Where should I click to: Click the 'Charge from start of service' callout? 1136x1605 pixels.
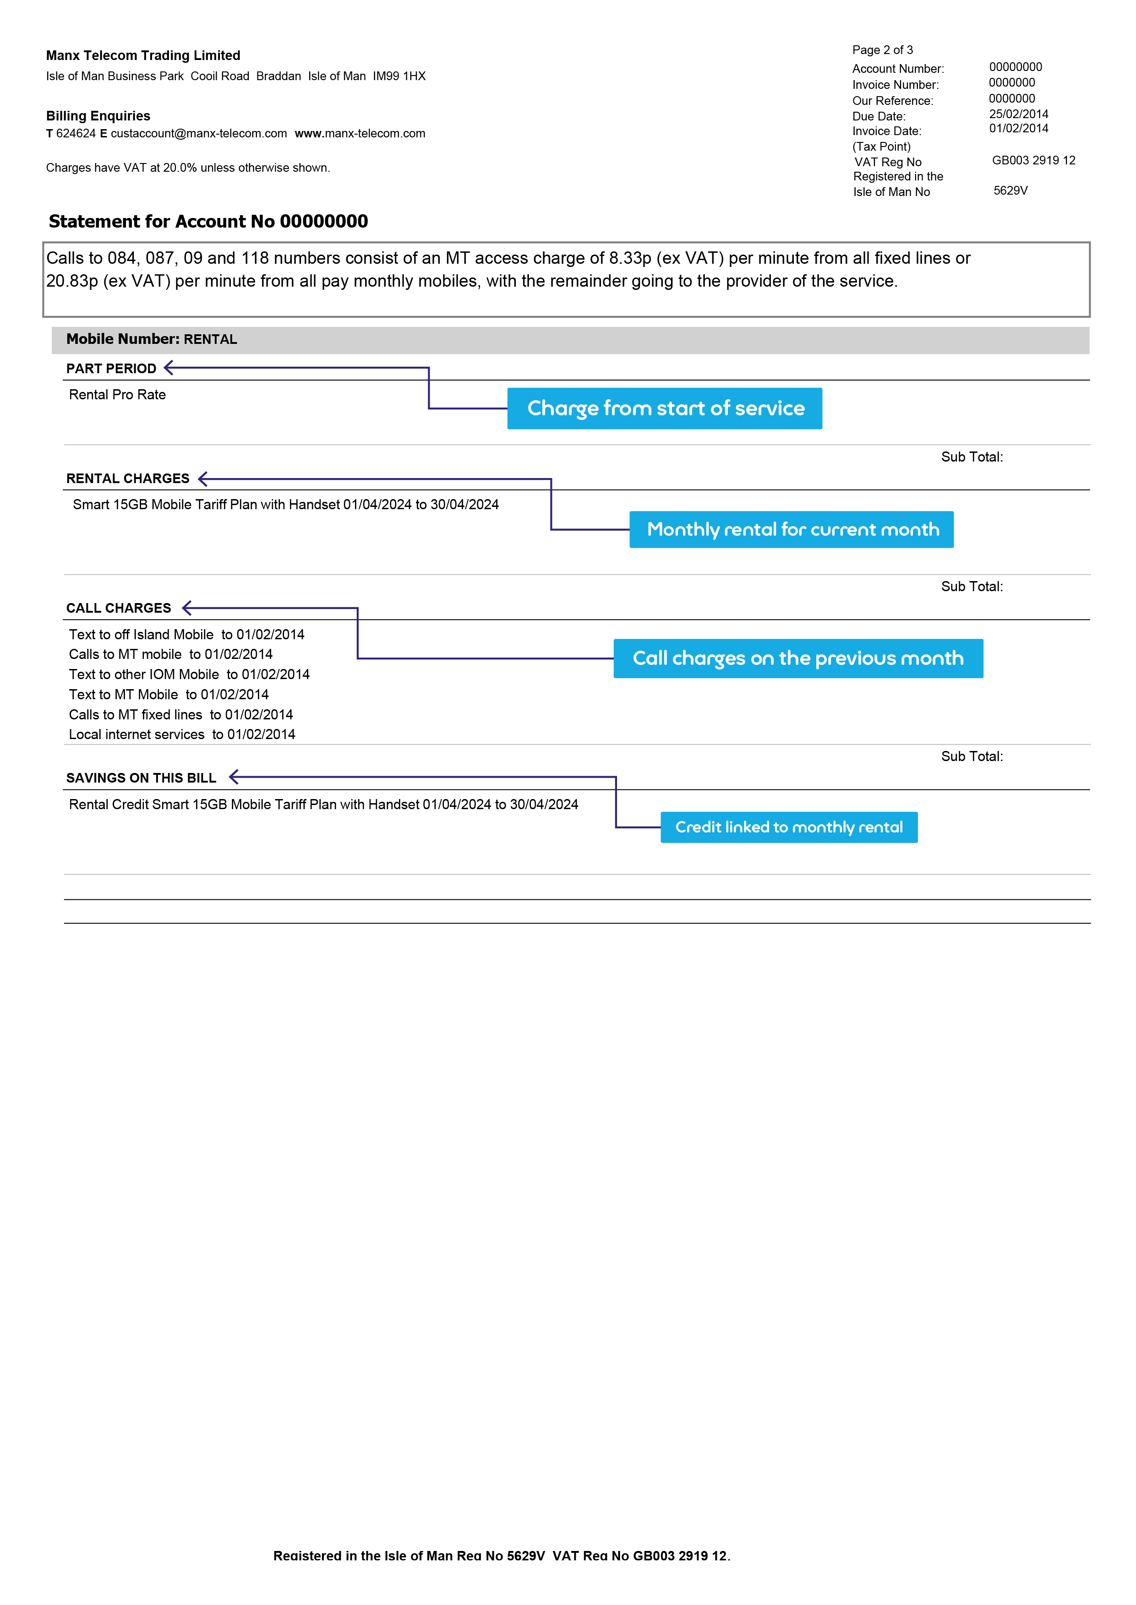(x=665, y=408)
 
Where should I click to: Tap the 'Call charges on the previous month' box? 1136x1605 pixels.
(x=798, y=658)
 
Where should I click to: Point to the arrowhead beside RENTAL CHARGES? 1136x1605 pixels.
(x=203, y=479)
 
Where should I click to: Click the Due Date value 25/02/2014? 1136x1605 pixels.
(x=1018, y=114)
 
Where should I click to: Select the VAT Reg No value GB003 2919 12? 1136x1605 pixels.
(x=1033, y=160)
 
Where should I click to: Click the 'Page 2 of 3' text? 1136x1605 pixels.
(x=882, y=49)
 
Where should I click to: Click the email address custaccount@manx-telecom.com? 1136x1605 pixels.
(x=199, y=134)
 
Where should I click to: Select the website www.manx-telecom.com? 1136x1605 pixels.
(x=360, y=134)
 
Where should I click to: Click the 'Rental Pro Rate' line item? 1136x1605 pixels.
(x=117, y=394)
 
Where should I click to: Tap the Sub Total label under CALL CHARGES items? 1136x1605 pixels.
(x=972, y=756)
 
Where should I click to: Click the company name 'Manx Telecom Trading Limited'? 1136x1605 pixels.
(x=143, y=55)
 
